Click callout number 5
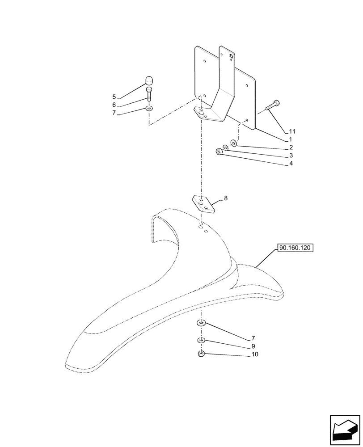pyautogui.click(x=114, y=97)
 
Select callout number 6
pyautogui.click(x=114, y=105)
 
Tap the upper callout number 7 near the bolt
pyautogui.click(x=114, y=113)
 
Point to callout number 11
pyautogui.click(x=292, y=131)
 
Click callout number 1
pyautogui.click(x=291, y=139)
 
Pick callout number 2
pyautogui.click(x=291, y=148)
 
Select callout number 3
pyautogui.click(x=291, y=156)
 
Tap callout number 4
pyautogui.click(x=291, y=164)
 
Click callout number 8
pyautogui.click(x=225, y=198)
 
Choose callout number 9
pyautogui.click(x=253, y=346)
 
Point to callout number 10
pyautogui.click(x=255, y=354)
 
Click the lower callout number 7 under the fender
pyautogui.click(x=253, y=338)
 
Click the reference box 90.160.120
pyautogui.click(x=296, y=247)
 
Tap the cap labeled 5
pyautogui.click(x=149, y=81)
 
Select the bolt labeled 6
pyautogui.click(x=149, y=95)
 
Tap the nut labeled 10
pyautogui.click(x=201, y=354)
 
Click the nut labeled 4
pyautogui.click(x=219, y=152)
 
